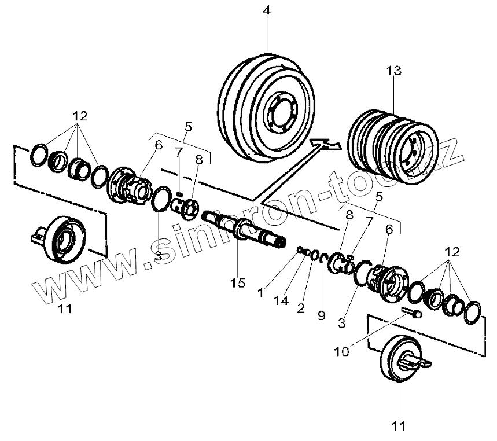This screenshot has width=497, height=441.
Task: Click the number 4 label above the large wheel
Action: [267, 11]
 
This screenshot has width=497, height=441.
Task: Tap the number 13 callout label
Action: [394, 71]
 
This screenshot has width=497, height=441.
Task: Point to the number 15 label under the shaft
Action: [237, 282]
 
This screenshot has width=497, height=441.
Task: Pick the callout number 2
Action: [300, 307]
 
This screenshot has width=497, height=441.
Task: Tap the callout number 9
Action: [321, 315]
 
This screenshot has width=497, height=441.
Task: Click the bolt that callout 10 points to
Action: [411, 313]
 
